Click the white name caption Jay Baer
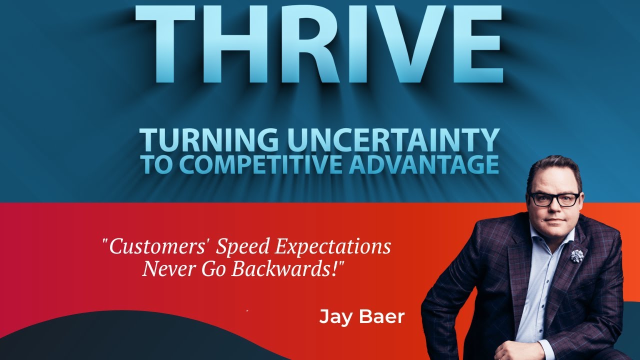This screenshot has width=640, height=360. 361,317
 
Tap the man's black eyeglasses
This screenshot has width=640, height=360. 553,199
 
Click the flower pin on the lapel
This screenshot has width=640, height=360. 576,255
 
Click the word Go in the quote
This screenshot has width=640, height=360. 214,269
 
